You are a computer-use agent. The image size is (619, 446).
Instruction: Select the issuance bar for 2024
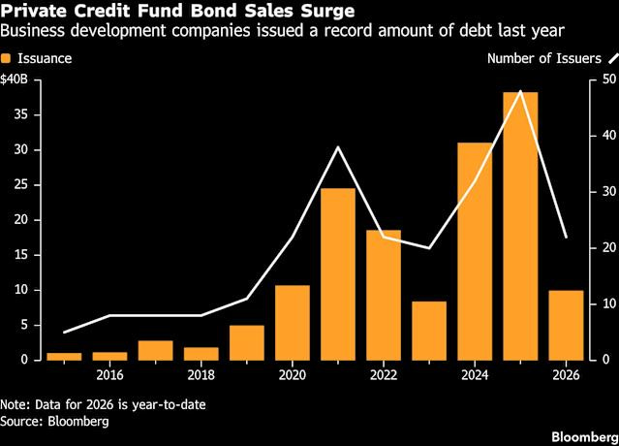[x=475, y=251]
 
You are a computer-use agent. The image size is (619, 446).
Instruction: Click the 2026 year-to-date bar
[x=566, y=325]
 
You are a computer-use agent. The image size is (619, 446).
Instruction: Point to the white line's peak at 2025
[x=520, y=91]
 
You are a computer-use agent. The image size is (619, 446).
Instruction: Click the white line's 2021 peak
[x=337, y=147]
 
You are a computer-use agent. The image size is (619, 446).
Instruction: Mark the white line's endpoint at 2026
[x=566, y=237]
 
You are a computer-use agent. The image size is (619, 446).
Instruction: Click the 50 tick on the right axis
[x=606, y=79]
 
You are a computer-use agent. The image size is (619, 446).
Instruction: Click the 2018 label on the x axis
[x=201, y=375]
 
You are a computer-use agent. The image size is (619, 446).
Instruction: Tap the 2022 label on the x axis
[x=383, y=375]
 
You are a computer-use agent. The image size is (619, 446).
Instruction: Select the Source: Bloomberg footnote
[x=54, y=422]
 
